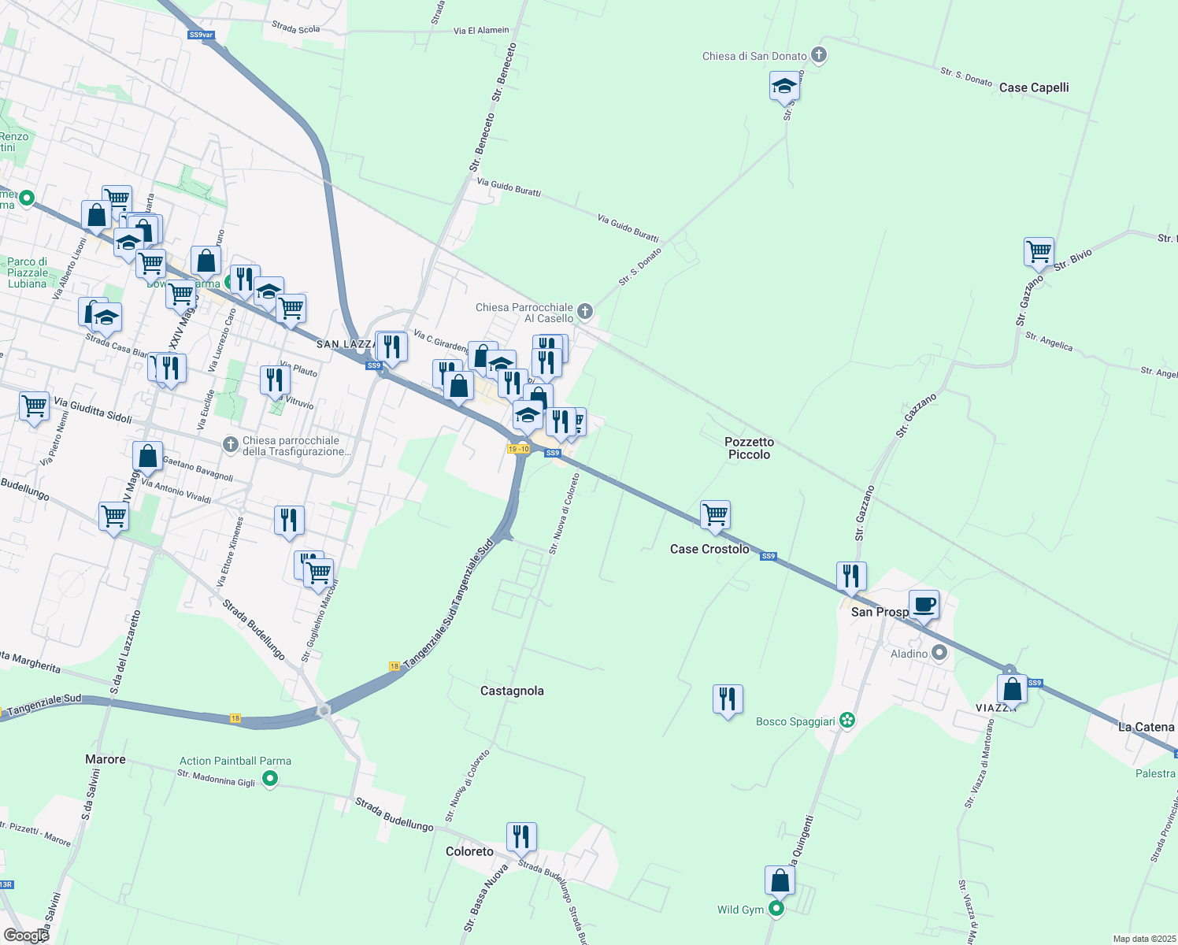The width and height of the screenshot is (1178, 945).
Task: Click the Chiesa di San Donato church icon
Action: pos(819,56)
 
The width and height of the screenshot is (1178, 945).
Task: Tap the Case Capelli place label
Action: pos(1033,87)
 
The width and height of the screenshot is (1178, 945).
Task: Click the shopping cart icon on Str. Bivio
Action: pos(1039,252)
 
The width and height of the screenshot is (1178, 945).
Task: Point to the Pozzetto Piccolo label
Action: pos(749,448)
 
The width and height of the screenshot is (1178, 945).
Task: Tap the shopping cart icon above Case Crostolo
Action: pos(715,515)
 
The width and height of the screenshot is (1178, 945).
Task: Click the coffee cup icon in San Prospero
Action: pos(924,605)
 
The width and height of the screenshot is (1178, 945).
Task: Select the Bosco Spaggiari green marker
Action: pos(846,721)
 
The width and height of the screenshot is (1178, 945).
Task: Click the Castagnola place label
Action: pos(512,691)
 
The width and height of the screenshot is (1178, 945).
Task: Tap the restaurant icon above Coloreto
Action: pos(521,836)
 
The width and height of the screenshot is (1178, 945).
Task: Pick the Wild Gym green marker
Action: pos(776,910)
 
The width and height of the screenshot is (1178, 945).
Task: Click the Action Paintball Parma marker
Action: pos(270,779)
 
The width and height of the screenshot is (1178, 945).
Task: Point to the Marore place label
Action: pos(106,759)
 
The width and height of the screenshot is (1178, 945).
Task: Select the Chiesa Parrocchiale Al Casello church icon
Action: pos(584,312)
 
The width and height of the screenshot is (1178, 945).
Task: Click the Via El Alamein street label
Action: pos(481,31)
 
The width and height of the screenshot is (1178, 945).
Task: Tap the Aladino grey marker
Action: pos(939,653)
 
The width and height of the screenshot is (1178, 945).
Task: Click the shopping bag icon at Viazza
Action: pos(1012,689)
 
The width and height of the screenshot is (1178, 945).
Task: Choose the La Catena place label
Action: pos(1146,727)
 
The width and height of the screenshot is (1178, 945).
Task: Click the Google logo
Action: pos(26,936)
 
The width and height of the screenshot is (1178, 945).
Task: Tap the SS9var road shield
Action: pos(201,35)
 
